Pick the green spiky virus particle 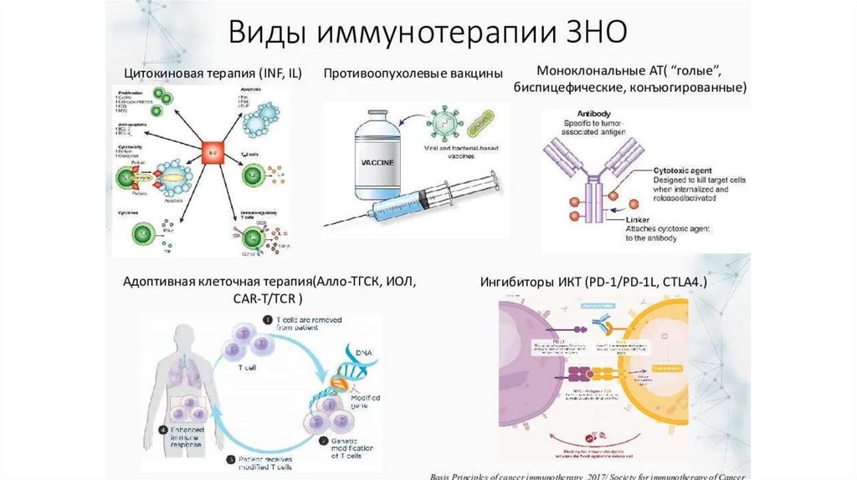(x=442, y=126)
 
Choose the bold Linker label (x=665, y=219)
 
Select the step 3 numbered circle (x=230, y=458)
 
